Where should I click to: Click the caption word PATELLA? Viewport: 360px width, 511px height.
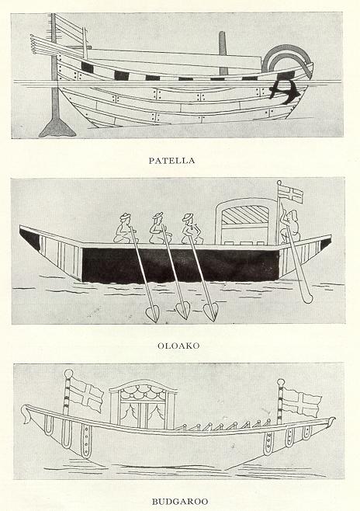(x=172, y=160)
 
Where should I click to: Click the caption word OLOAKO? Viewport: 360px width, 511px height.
(x=178, y=346)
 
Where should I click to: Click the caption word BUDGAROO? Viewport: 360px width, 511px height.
(x=180, y=501)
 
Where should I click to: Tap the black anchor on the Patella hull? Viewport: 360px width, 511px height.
(x=284, y=91)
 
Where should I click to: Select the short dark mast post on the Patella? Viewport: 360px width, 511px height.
(x=223, y=53)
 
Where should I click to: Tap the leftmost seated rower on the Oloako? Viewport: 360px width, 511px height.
(x=124, y=228)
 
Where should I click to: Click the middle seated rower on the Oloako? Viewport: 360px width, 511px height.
(x=157, y=228)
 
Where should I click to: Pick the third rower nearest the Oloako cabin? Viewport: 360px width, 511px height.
(x=192, y=229)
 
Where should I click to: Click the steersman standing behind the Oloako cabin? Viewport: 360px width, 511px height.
(x=291, y=227)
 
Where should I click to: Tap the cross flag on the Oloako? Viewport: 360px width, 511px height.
(x=291, y=194)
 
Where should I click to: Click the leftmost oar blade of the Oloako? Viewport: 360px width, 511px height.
(x=152, y=315)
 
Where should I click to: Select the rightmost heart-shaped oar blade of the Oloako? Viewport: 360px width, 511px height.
(x=210, y=312)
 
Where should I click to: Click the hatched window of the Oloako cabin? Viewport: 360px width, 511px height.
(x=245, y=215)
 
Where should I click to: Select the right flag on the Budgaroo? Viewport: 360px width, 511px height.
(x=301, y=402)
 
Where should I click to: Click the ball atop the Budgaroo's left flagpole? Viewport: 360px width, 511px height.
(x=68, y=374)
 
